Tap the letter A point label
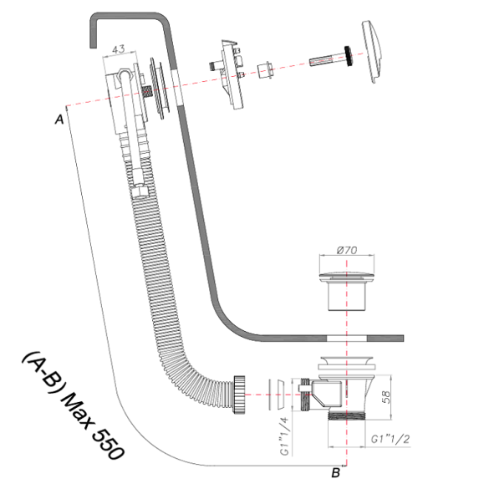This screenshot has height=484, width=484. coord(59,120)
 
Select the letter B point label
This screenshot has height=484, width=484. coord(334,472)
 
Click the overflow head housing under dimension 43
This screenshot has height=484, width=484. coord(125,92)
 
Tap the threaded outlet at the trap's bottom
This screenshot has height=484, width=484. coord(341,415)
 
